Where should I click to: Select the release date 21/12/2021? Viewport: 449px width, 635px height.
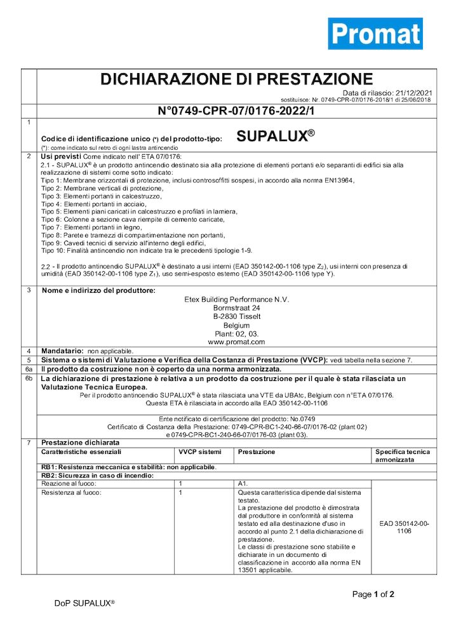click(x=412, y=93)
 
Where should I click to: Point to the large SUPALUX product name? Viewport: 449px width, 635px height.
click(x=275, y=135)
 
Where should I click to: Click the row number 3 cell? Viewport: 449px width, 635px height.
click(x=29, y=291)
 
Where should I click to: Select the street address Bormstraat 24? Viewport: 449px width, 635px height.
click(x=236, y=307)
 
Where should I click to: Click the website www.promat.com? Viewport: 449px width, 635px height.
click(x=236, y=342)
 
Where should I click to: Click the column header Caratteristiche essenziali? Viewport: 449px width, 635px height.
click(x=81, y=451)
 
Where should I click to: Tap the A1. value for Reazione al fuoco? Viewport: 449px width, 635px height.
click(x=243, y=484)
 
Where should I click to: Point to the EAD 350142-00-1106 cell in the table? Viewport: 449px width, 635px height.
click(x=404, y=527)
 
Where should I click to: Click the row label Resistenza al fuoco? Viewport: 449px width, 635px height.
click(x=71, y=492)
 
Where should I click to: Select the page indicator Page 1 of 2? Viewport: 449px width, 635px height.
click(x=373, y=594)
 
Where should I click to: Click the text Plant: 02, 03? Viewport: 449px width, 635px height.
click(x=236, y=333)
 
